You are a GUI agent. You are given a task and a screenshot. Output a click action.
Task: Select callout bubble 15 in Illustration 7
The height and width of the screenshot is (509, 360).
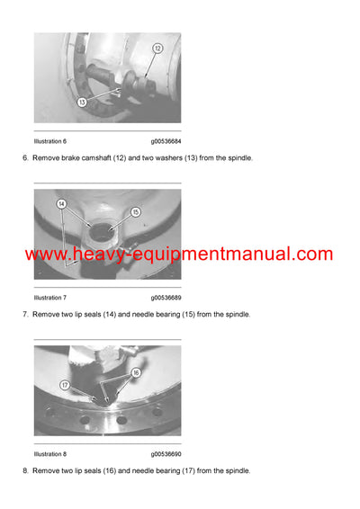pyautogui.click(x=137, y=213)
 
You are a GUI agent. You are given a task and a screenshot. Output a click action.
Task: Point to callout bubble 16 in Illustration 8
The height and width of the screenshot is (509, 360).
pyautogui.click(x=135, y=371)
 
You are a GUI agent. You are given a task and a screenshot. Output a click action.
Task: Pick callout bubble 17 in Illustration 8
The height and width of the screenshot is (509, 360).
pyautogui.click(x=66, y=385)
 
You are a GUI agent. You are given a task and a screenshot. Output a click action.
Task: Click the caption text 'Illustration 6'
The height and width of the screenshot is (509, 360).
pyautogui.click(x=49, y=141)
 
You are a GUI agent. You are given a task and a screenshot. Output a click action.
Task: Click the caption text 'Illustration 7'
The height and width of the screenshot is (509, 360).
pyautogui.click(x=49, y=298)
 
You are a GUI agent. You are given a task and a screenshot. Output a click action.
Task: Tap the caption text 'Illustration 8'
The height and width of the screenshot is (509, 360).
pyautogui.click(x=49, y=454)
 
